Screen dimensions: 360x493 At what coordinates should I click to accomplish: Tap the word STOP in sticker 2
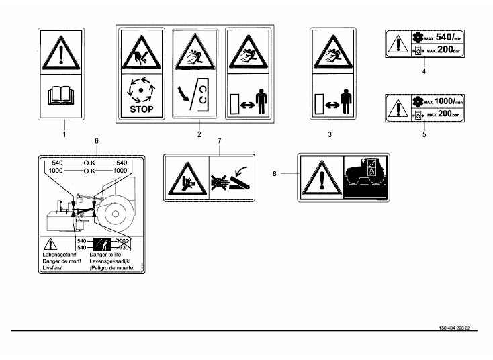pyautogui.click(x=137, y=108)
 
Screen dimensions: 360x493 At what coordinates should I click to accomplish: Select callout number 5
pyautogui.click(x=424, y=134)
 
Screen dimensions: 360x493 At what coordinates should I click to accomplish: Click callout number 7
pyautogui.click(x=218, y=142)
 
